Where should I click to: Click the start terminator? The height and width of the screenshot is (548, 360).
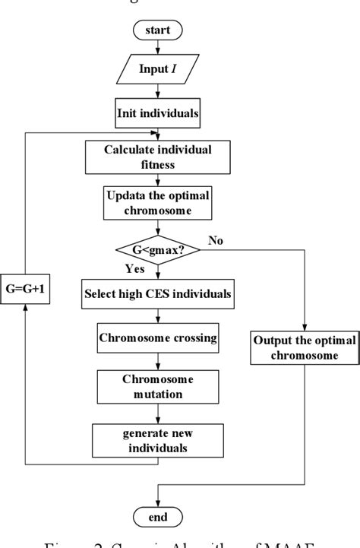pos(157,30)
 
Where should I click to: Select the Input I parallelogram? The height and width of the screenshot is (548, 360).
pos(157,70)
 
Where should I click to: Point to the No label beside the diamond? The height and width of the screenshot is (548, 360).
pos(216,241)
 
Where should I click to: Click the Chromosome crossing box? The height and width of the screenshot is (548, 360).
pos(157,337)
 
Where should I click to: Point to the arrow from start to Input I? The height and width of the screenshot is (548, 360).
pos(157,48)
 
